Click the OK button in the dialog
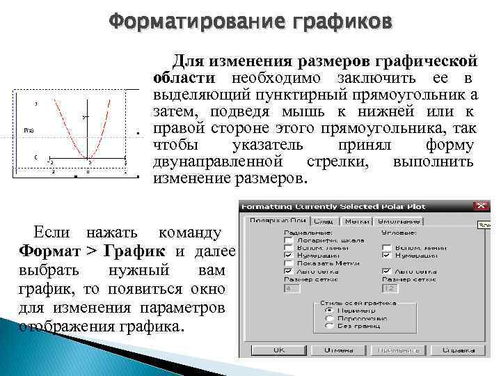279,350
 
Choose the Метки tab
357,220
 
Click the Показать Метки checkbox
289,264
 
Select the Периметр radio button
328,310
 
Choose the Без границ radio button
328,325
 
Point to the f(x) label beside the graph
29,130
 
